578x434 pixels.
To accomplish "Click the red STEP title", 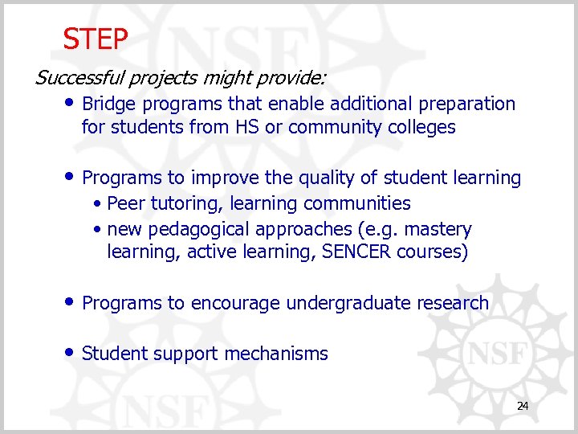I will (96, 38).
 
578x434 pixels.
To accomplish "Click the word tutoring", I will (179, 203).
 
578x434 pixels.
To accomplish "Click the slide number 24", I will (523, 407).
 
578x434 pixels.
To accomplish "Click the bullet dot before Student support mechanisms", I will (72, 353).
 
